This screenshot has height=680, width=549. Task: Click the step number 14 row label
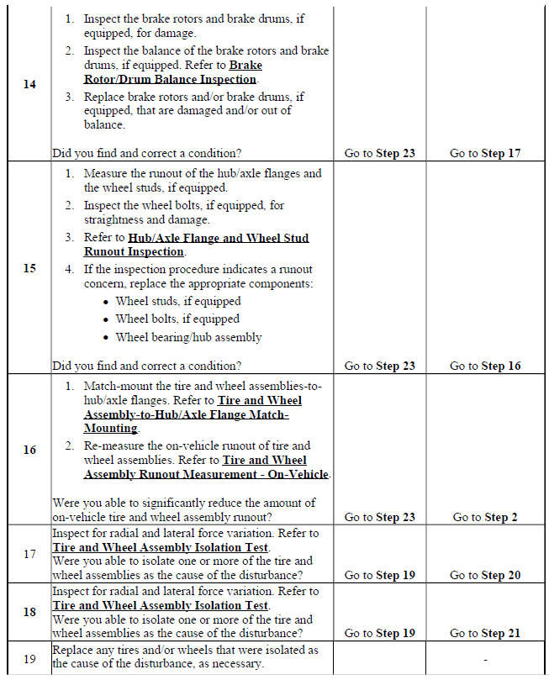point(29,85)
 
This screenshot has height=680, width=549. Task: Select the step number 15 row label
point(29,268)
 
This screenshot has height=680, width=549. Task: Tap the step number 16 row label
point(29,450)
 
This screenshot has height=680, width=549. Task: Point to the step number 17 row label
point(29,554)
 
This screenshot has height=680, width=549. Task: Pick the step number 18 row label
point(29,612)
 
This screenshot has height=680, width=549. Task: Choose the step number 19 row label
point(29,658)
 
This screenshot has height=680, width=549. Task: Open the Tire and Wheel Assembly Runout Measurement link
point(207,467)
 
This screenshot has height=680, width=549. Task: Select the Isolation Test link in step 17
point(160,548)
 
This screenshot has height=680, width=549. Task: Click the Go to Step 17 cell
point(485,154)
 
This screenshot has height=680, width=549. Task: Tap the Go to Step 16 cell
point(485,366)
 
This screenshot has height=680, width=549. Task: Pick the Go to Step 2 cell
point(485,517)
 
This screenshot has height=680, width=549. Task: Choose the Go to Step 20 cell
point(485,575)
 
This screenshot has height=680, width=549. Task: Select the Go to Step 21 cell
point(485,633)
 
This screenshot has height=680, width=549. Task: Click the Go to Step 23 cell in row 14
point(380,154)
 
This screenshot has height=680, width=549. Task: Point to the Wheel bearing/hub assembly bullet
point(188,337)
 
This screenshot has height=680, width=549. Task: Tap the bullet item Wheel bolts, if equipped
point(177,319)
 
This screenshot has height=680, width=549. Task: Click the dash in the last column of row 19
point(485,658)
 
